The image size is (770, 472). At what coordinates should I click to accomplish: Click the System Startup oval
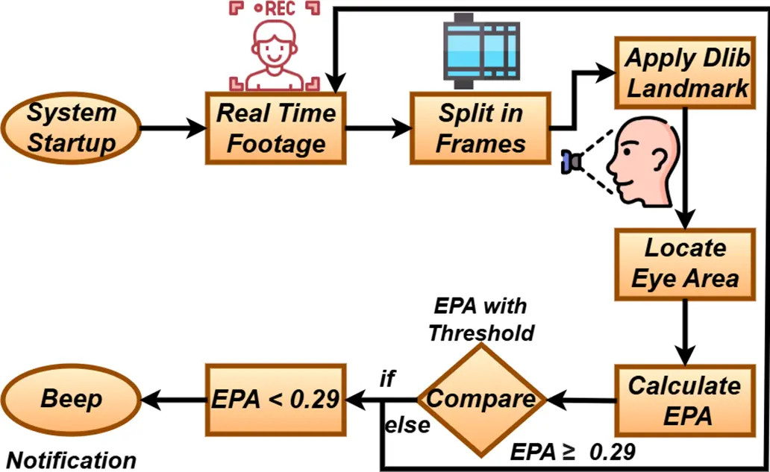72,128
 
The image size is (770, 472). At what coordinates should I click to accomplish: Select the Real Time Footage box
276,128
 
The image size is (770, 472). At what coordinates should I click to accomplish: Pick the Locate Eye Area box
685,263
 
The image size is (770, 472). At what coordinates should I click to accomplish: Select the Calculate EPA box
685,400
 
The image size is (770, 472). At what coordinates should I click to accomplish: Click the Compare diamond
481,399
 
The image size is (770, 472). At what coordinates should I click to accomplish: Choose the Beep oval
71,399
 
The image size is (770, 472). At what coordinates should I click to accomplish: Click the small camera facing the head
572,161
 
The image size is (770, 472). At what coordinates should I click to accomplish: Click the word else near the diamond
407,425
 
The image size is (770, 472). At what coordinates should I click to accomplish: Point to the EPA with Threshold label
481,318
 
